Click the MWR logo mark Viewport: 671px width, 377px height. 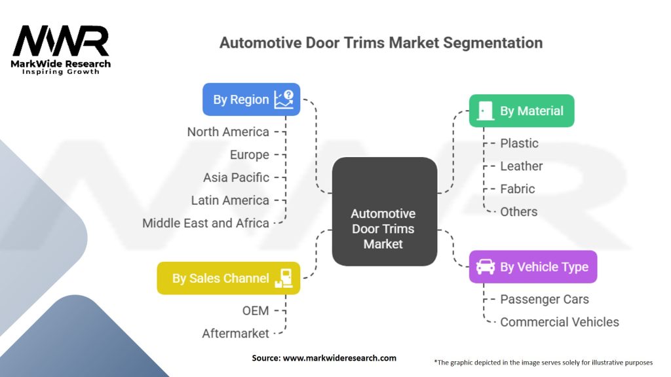(x=61, y=41)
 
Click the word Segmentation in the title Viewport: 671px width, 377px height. (x=493, y=43)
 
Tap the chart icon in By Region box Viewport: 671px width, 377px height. (x=284, y=99)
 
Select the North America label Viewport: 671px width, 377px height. (x=228, y=132)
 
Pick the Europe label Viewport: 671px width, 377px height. (x=250, y=154)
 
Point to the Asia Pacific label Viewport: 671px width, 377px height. (x=236, y=177)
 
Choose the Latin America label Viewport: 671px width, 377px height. (x=230, y=200)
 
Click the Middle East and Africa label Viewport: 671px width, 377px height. (x=206, y=223)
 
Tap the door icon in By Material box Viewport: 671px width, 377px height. (x=485, y=111)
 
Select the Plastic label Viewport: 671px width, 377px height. (x=519, y=143)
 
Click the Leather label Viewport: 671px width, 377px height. (x=521, y=166)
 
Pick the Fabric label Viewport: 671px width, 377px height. (x=518, y=189)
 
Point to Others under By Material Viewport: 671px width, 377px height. (x=519, y=211)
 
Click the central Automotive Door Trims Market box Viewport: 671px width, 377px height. (x=384, y=211)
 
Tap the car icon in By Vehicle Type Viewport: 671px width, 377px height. (x=486, y=267)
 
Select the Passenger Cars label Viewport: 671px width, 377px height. (x=545, y=299)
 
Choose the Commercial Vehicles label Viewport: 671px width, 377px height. (x=560, y=322)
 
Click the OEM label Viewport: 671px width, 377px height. (x=256, y=311)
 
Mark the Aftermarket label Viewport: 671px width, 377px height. (x=235, y=333)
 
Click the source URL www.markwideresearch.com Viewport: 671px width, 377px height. (x=339, y=358)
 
